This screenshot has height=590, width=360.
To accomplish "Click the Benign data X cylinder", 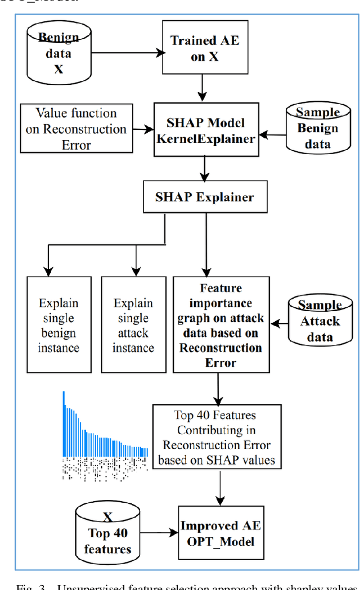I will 58,54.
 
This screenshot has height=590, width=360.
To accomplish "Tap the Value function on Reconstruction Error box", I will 76,129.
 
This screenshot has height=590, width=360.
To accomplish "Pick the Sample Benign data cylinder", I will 318,128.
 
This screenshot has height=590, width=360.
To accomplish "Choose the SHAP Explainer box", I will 204,197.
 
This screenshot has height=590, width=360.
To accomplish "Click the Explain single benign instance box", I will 58,325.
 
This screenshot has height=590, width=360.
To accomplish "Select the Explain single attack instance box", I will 133,325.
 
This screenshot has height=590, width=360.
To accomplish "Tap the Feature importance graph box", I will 220,325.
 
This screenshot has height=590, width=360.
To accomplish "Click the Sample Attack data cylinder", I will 319,321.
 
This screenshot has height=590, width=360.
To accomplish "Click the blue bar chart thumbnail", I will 105,427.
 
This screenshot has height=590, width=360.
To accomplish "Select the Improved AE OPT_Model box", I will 220,533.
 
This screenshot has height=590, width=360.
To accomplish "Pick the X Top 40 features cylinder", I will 106,533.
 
